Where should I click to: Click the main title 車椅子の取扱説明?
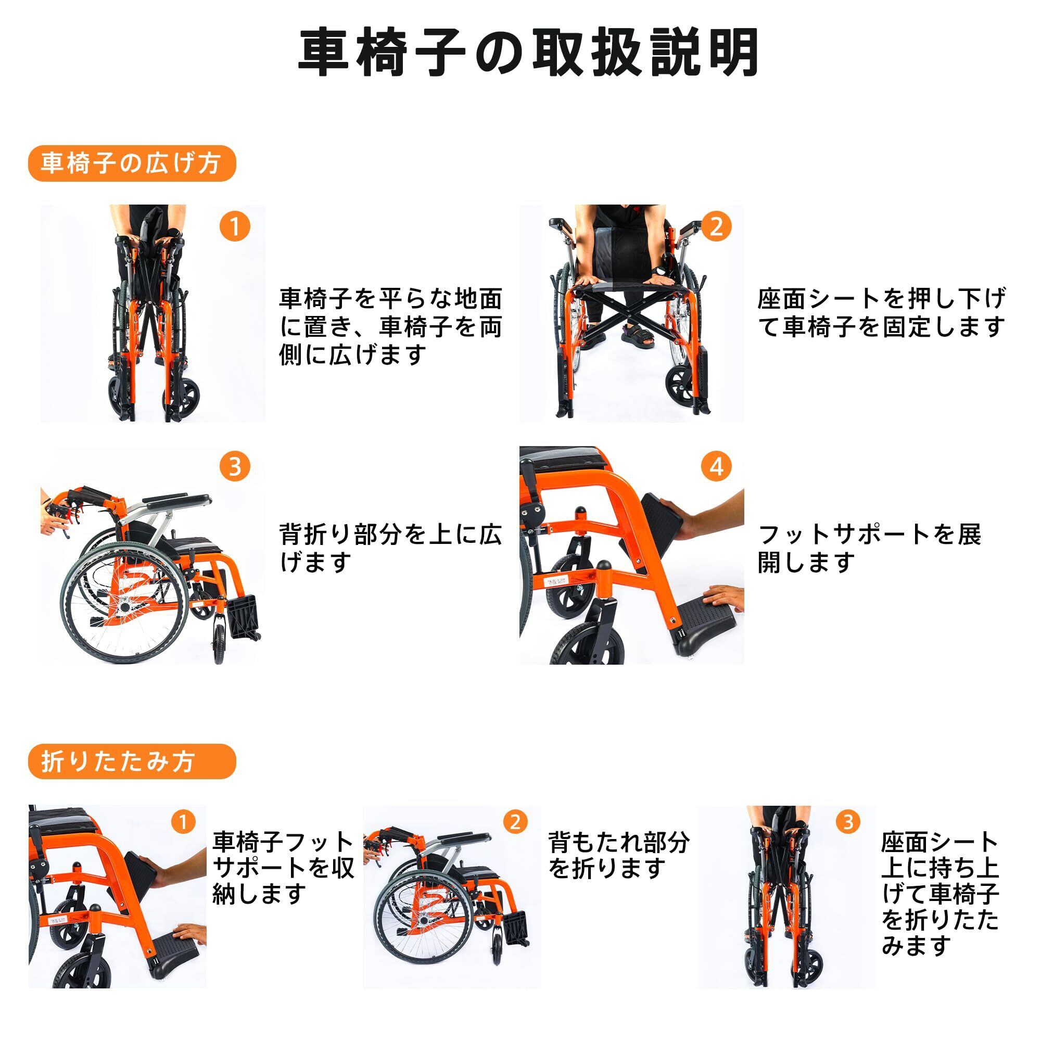pos(529,52)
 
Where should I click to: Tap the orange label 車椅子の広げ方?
pos(132,163)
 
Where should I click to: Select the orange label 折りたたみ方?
pos(132,761)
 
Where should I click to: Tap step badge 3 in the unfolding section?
pos(235,466)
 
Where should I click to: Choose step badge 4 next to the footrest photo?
pos(716,466)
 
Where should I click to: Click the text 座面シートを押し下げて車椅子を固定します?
pos(882,312)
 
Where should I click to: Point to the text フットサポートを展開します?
pos(870,549)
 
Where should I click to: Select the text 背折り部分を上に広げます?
pos(391,548)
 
